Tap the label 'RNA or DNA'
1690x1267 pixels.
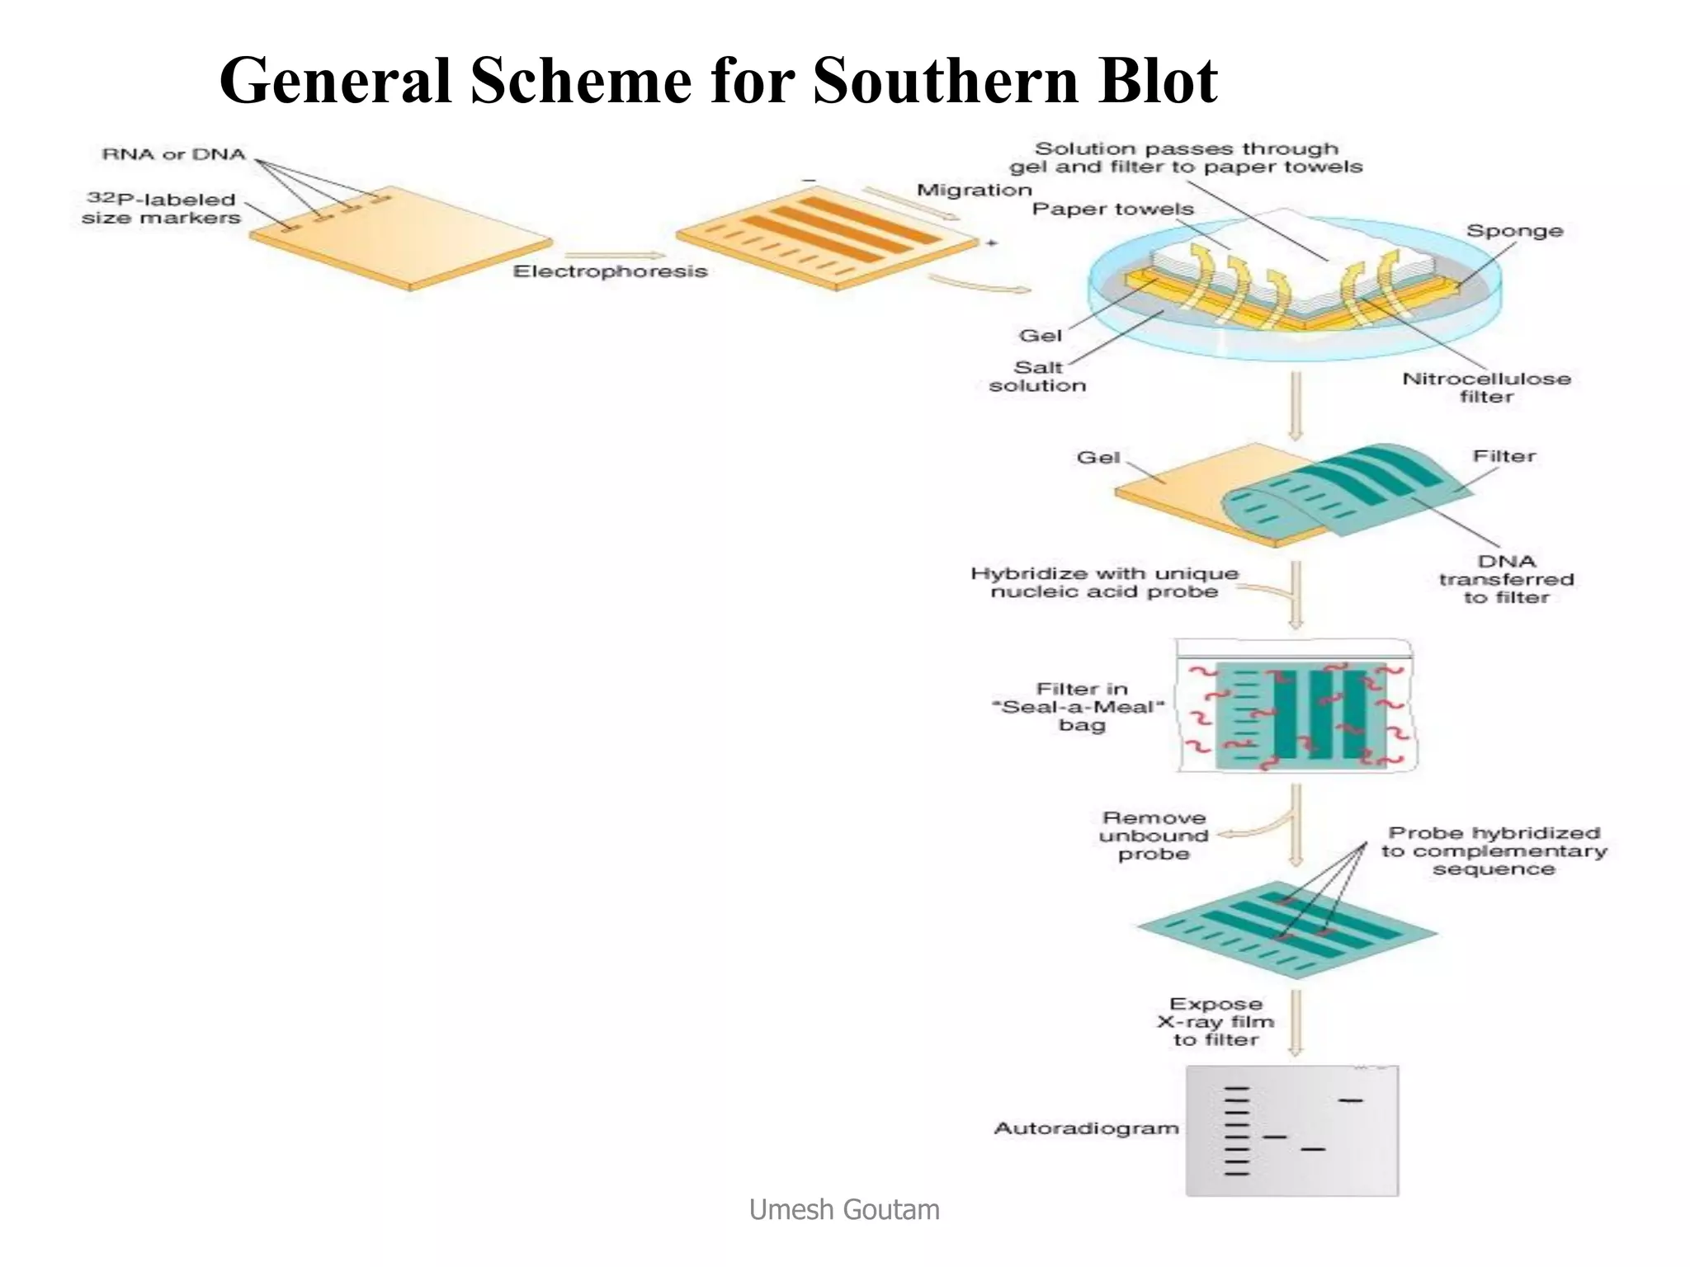pos(173,154)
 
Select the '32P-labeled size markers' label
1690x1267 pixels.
pos(160,209)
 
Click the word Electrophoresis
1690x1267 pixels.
pos(610,271)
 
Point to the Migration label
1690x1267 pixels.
pos(974,191)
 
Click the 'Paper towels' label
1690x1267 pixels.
pos(1112,210)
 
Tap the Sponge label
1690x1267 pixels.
pos(1514,231)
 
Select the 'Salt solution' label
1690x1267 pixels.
pos(1037,376)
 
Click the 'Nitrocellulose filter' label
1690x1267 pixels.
pos(1486,388)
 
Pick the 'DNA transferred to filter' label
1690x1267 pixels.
pos(1506,579)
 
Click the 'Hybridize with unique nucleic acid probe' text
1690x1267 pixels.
pos(1104,582)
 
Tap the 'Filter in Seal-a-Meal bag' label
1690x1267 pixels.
pos(1081,707)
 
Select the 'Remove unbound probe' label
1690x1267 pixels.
pos(1154,836)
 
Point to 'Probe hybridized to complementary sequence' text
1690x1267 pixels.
pos(1494,850)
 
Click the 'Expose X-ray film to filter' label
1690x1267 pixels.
pos(1216,1022)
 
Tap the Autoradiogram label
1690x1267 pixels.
pos(1086,1128)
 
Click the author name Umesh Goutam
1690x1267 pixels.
pos(844,1209)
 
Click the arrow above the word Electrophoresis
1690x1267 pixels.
pos(614,255)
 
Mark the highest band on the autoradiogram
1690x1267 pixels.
pos(1350,1100)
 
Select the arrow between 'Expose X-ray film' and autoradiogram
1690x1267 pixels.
pos(1296,1023)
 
